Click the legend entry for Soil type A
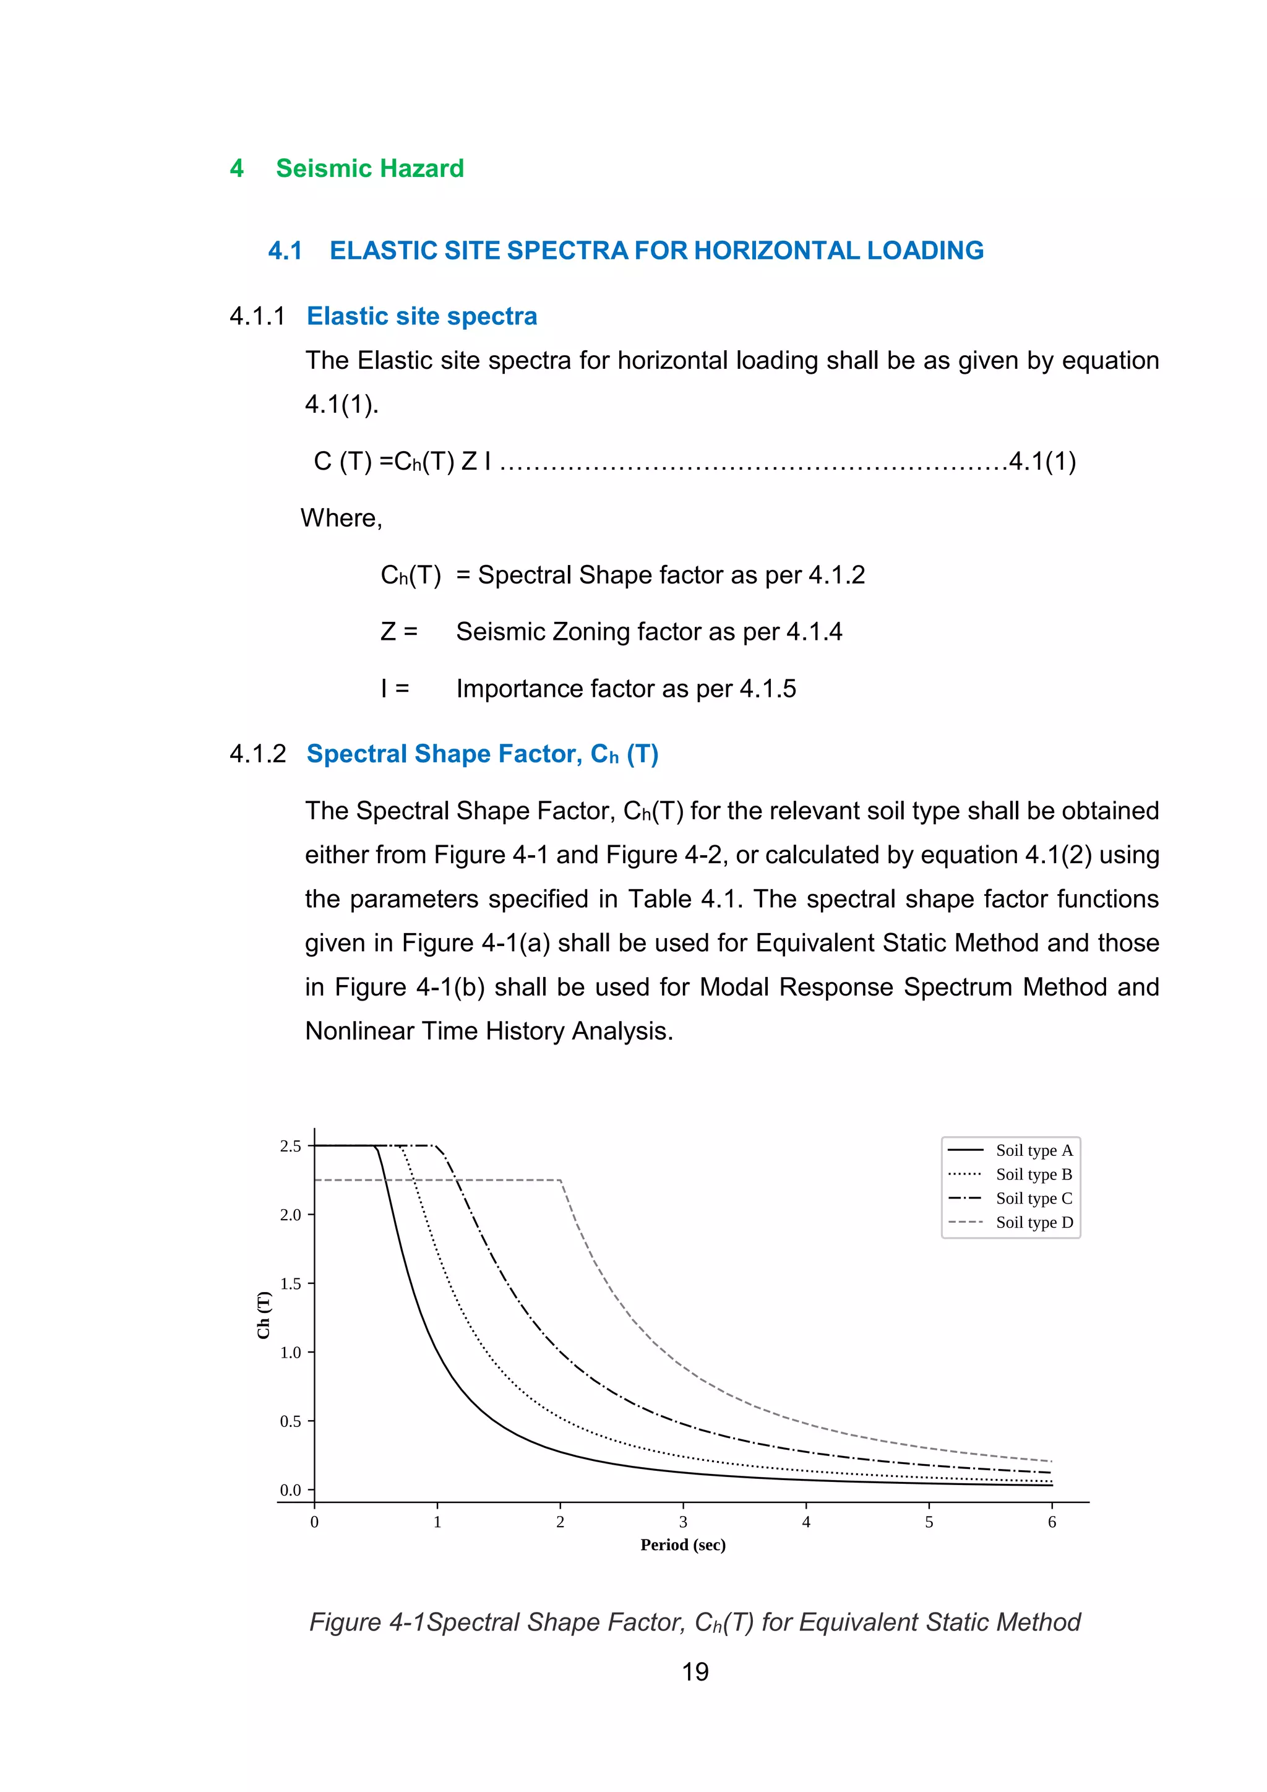[x=1034, y=1150]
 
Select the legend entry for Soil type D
[x=1034, y=1222]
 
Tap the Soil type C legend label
[x=1034, y=1198]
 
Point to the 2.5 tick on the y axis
[x=290, y=1146]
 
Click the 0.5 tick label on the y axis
[x=290, y=1421]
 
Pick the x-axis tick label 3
[x=682, y=1522]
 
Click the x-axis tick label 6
[x=1052, y=1522]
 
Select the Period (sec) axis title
[x=682, y=1545]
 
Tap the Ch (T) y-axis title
[x=264, y=1315]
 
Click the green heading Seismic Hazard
[x=370, y=168]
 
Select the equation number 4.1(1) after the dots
[x=1042, y=461]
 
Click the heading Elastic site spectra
[x=421, y=316]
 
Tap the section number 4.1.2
[x=257, y=754]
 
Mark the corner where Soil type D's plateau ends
[x=560, y=1180]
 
